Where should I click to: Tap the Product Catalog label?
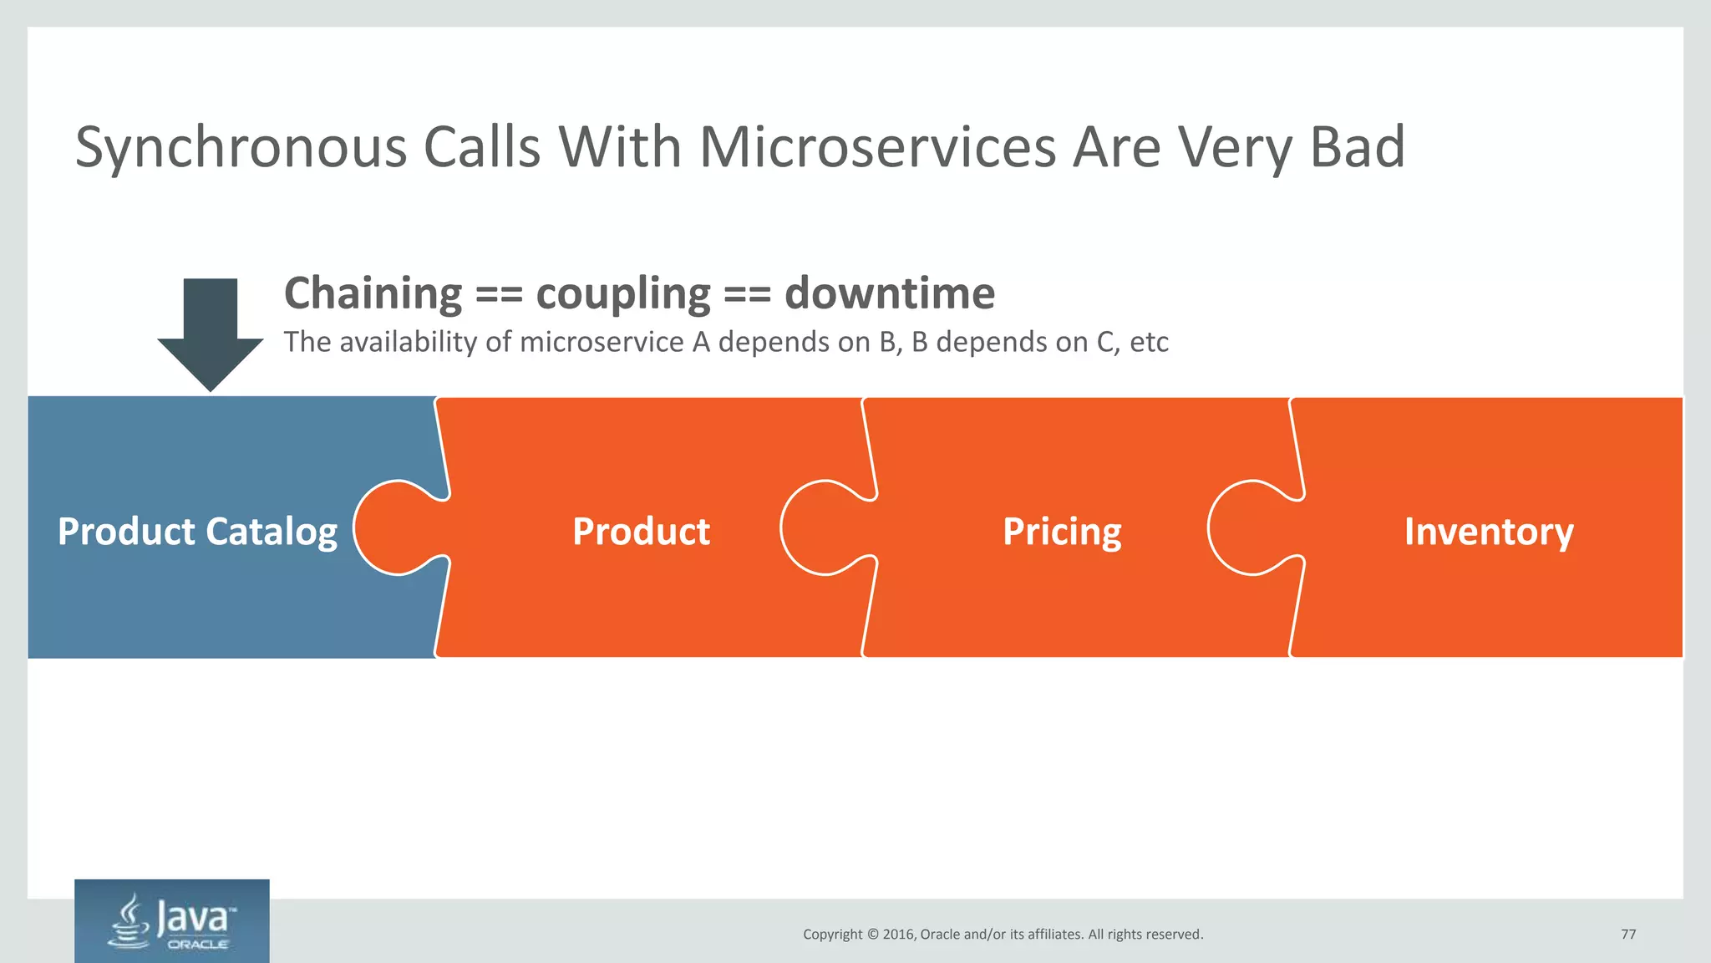197,532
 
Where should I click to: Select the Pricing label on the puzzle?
1062,532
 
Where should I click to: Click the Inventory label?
1489,532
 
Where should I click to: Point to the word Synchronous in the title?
240,148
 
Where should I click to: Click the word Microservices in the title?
877,148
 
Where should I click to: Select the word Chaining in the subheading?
373,293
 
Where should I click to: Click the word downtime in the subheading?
890,293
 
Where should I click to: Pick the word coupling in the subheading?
623,293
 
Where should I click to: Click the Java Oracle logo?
172,921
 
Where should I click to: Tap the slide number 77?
1628,935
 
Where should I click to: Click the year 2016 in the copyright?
898,935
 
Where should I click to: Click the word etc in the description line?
1149,343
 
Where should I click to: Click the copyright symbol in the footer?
872,935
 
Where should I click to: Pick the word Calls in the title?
482,148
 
